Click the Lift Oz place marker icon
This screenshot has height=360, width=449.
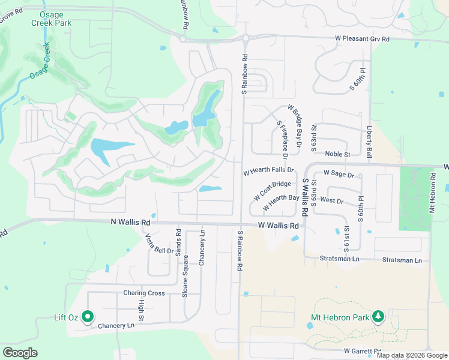88,316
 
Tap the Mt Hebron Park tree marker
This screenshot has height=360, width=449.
378,316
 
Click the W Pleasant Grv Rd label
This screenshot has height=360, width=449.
362,39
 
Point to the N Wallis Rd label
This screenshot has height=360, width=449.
130,222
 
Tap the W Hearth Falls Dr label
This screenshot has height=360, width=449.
268,171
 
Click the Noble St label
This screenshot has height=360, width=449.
338,154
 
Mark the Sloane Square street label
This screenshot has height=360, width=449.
185,277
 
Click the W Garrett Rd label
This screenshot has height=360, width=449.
363,350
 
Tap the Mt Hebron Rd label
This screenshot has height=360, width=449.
432,193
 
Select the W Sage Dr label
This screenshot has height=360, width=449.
339,173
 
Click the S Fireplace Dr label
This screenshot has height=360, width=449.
283,139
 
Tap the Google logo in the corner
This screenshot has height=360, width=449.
20,353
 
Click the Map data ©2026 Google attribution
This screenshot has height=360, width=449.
412,355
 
